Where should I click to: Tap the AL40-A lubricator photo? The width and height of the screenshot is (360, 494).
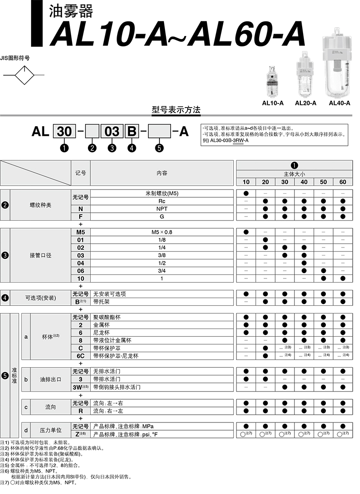(x=339, y=64)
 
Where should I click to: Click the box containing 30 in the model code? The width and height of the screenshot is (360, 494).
(x=64, y=132)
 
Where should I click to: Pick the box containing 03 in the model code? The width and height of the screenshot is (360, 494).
(x=112, y=132)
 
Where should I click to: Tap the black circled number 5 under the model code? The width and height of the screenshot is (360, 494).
(x=159, y=148)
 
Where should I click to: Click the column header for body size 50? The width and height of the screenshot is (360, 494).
(x=323, y=182)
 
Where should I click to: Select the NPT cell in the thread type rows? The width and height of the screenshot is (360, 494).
(x=162, y=209)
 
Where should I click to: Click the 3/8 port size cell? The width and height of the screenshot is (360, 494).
(x=162, y=255)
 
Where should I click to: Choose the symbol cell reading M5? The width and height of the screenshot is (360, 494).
(x=81, y=232)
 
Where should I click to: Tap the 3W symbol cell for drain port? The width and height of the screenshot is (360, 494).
(x=81, y=387)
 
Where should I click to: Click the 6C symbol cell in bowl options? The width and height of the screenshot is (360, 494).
(x=81, y=355)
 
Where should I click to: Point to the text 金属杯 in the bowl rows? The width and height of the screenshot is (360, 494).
(x=101, y=325)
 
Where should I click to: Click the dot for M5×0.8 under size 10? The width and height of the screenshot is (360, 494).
(x=246, y=232)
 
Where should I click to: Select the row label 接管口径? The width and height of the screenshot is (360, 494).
(x=41, y=255)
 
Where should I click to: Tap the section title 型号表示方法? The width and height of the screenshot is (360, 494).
(x=176, y=110)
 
